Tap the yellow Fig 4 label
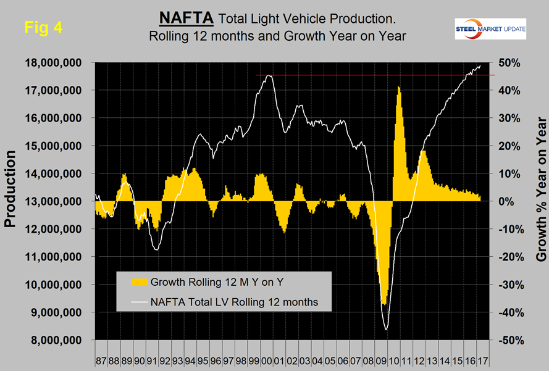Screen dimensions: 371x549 click(x=43, y=27)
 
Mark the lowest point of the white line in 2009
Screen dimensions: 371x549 click(x=387, y=330)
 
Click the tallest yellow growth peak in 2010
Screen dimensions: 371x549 click(x=399, y=87)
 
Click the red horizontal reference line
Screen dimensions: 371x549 click(x=371, y=75)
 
